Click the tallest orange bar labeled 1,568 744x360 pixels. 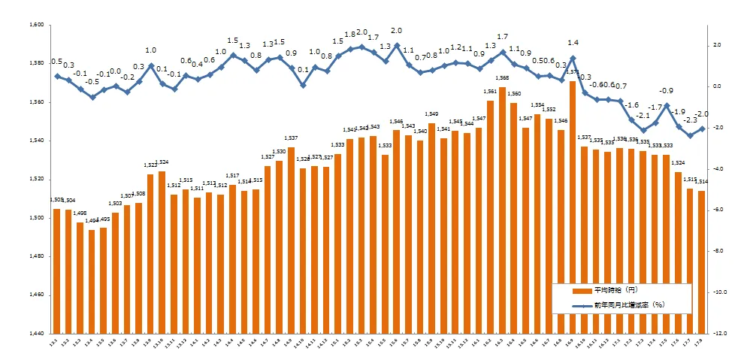click(x=502, y=210)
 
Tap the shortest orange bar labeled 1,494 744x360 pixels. click(x=92, y=281)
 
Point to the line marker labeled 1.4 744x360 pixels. click(x=573, y=58)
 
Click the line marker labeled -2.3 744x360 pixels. click(x=690, y=135)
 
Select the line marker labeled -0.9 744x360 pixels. click(x=667, y=105)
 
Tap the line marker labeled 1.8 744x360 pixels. click(x=349, y=50)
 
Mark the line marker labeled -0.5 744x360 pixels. click(x=92, y=97)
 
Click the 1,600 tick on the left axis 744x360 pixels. click(x=36, y=25)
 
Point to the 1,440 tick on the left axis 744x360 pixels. click(x=36, y=333)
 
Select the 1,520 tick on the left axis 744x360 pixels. click(x=36, y=179)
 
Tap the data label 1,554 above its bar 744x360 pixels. click(x=537, y=106)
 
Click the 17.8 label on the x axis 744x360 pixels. click(x=702, y=342)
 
